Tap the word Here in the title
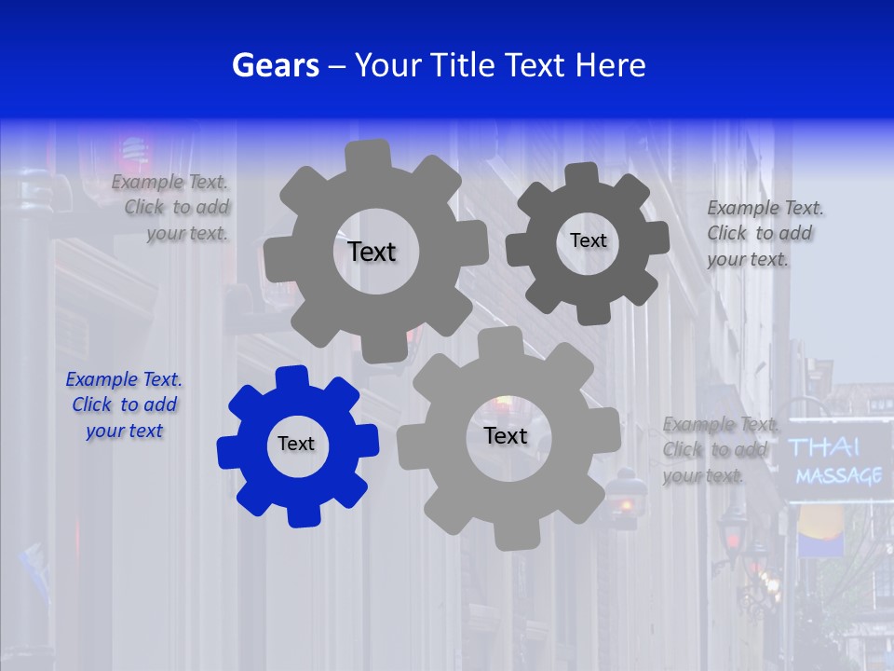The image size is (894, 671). point(610,65)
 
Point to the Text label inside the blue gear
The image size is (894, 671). point(296,444)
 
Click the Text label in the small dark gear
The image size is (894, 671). point(588,240)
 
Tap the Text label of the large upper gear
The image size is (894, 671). point(372,252)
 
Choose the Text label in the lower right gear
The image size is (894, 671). point(506,435)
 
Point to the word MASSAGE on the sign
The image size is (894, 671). point(838,476)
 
